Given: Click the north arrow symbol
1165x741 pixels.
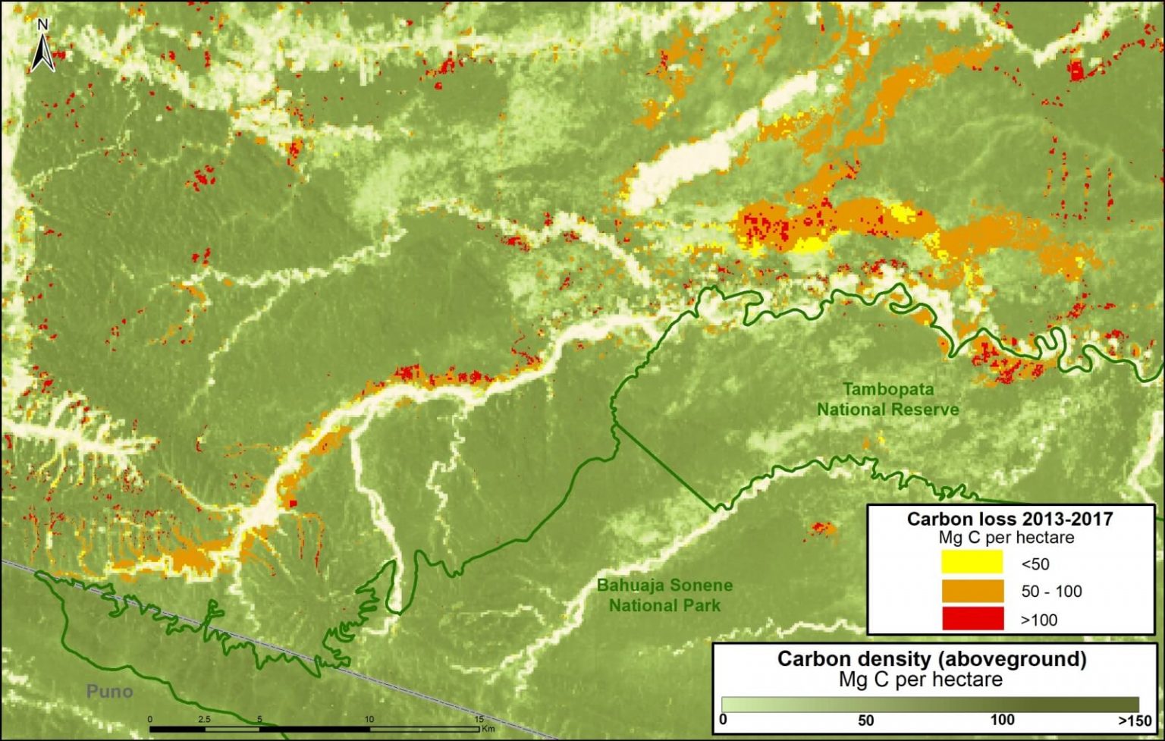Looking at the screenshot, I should pyautogui.click(x=42, y=53).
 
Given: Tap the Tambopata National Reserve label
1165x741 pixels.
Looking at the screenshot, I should pyautogui.click(x=887, y=400).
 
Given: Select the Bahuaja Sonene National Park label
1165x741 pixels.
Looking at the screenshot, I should pyautogui.click(x=664, y=595).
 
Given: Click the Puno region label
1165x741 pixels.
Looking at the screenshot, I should pyautogui.click(x=109, y=691).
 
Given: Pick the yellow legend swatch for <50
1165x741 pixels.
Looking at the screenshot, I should pyautogui.click(x=972, y=564).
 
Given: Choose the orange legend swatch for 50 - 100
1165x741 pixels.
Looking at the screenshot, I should pyautogui.click(x=972, y=592).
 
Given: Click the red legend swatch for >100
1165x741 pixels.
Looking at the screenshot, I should pyautogui.click(x=972, y=619).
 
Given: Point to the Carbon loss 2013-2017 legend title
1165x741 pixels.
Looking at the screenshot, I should pyautogui.click(x=1010, y=519).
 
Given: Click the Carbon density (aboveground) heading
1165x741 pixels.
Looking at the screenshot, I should pyautogui.click(x=931, y=658).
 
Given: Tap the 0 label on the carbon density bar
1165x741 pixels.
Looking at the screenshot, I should pyautogui.click(x=723, y=719).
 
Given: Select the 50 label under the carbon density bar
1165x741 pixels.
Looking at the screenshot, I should pyautogui.click(x=865, y=720).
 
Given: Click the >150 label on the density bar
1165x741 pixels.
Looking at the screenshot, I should pyautogui.click(x=1135, y=720).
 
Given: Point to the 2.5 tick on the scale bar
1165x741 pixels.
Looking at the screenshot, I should pyautogui.click(x=204, y=719).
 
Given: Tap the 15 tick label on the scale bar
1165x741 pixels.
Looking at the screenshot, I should pyautogui.click(x=479, y=719).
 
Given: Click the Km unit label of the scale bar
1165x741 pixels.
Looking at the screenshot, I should pyautogui.click(x=487, y=730).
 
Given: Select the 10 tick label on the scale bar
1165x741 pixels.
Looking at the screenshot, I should pyautogui.click(x=369, y=719).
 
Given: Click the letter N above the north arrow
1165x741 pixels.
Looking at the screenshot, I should pyautogui.click(x=42, y=25).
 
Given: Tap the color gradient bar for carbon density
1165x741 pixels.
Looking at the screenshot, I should pyautogui.click(x=930, y=704).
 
